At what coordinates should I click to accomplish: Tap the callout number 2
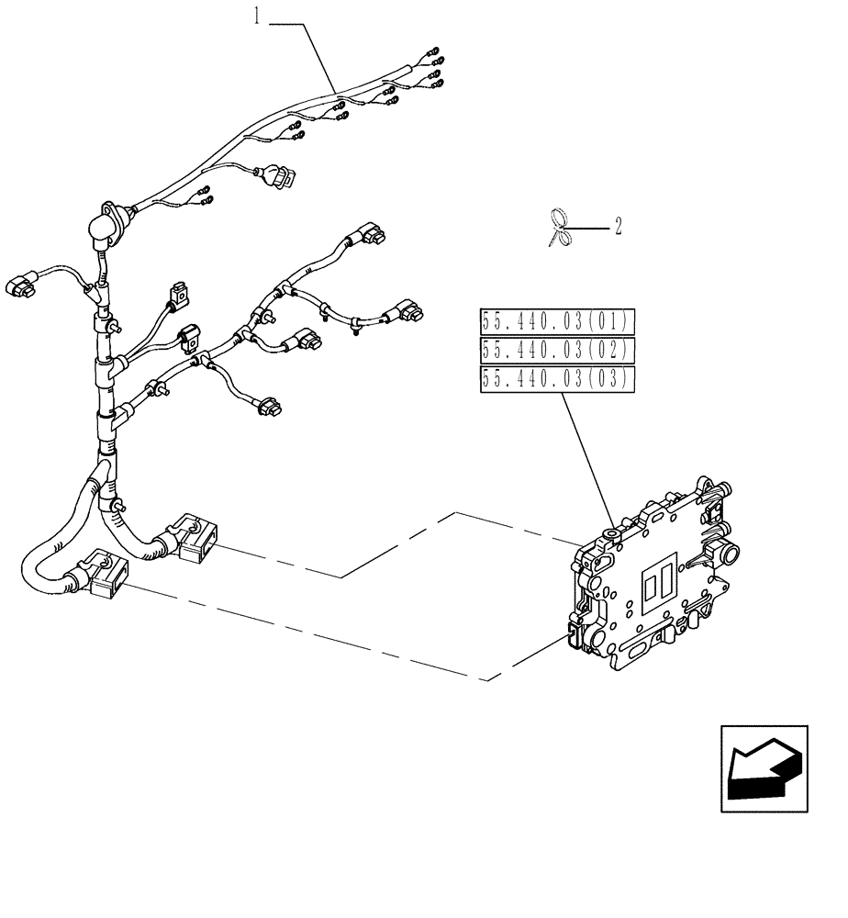click(x=618, y=226)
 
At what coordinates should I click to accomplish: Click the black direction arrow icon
click(x=764, y=768)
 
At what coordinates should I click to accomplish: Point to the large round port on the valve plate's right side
click(x=731, y=555)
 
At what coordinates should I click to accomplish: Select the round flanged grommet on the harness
click(x=107, y=224)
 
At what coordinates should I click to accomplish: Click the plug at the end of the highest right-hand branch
click(x=372, y=236)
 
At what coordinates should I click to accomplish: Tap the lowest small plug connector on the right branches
click(x=270, y=406)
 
